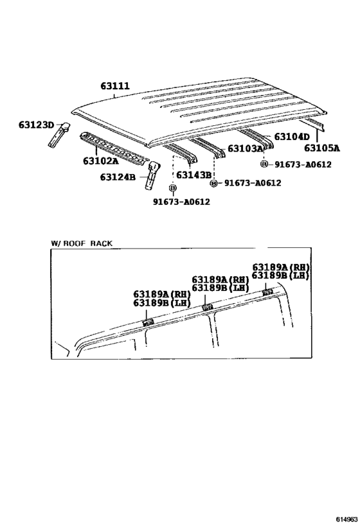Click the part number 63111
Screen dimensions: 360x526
tap(115, 86)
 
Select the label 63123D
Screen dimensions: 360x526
tap(36, 125)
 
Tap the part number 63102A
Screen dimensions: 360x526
tap(101, 161)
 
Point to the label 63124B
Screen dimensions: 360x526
tap(118, 177)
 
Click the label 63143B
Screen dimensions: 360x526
tap(194, 175)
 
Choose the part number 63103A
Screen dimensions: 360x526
tap(245, 148)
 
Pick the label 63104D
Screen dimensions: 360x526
tap(292, 137)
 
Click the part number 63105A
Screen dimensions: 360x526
tap(322, 148)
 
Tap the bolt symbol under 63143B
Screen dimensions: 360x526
tap(173, 188)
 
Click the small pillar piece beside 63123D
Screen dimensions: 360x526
tap(59, 134)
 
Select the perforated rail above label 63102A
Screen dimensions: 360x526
tap(114, 147)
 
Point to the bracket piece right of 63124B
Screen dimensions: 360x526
tap(152, 175)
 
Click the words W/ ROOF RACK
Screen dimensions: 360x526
tap(82, 243)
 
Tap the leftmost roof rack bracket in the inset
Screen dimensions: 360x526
tap(147, 322)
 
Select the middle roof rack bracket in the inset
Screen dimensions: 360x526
tap(207, 307)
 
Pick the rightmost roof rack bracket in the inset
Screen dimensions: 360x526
tap(267, 292)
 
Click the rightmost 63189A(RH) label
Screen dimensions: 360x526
tap(281, 267)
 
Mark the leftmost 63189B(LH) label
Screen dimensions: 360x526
tap(162, 302)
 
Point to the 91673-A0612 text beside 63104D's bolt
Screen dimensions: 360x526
tap(303, 164)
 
